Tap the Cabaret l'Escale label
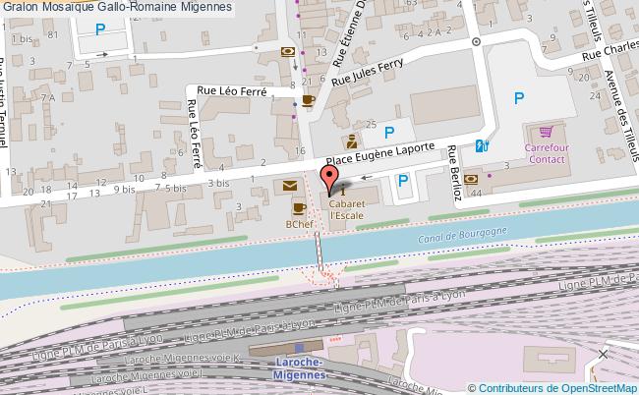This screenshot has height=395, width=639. (349, 208)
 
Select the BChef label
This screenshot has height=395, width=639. (300, 225)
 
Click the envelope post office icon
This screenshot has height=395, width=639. (290, 185)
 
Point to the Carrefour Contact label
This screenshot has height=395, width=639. (547, 152)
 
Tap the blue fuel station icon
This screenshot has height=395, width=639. (482, 146)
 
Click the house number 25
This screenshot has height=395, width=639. (371, 125)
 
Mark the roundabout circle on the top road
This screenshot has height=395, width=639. (476, 42)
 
